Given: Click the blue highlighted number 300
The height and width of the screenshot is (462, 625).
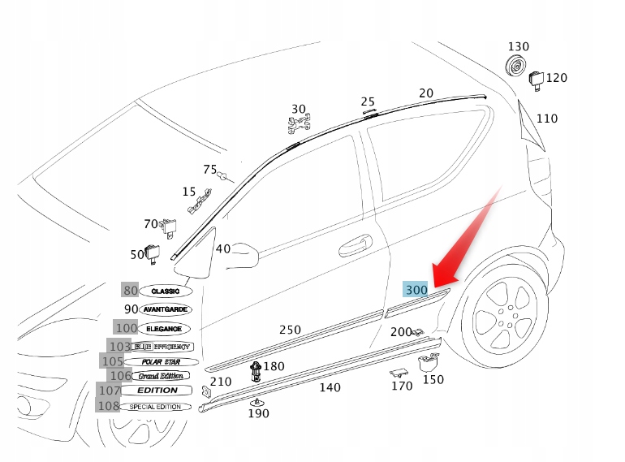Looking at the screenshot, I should pos(416,290).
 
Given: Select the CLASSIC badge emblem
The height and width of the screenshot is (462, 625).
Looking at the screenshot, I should pos(166,291).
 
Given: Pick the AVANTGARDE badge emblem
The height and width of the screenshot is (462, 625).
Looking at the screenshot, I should pos(166,309).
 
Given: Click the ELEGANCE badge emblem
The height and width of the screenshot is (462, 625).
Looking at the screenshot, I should pos(165,329).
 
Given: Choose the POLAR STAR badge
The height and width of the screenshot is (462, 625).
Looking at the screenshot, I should pos(162,361).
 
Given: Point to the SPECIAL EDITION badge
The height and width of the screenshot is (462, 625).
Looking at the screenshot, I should pos(155,407).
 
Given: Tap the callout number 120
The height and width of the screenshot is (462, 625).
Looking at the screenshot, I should pos(556,78).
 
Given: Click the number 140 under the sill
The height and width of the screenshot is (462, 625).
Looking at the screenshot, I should pos(330,387).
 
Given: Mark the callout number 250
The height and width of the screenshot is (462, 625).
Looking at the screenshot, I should pos(290,330).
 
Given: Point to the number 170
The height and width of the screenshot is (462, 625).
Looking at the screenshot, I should pos(402,386).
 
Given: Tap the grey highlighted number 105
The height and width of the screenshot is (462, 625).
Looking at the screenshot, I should pos(112,361).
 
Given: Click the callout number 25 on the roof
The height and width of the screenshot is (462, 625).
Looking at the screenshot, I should pos(368,102).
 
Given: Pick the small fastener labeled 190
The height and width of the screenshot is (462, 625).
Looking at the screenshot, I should pos(257,401).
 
